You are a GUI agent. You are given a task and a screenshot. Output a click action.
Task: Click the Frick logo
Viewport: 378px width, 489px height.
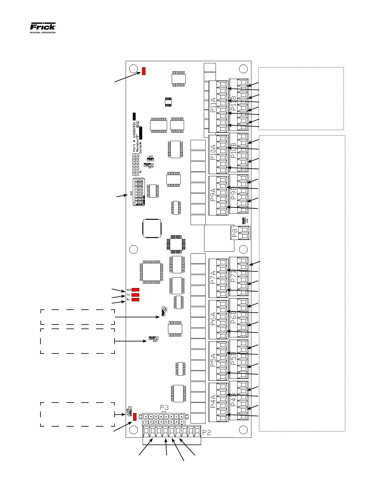click(43, 27)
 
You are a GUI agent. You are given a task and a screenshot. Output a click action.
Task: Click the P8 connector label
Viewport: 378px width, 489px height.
click(235, 233)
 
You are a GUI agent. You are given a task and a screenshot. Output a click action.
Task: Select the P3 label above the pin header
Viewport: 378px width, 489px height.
click(165, 408)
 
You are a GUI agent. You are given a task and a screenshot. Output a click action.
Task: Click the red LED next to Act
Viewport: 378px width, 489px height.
click(136, 290)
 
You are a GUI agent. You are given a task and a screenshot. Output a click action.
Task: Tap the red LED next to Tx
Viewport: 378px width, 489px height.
click(136, 295)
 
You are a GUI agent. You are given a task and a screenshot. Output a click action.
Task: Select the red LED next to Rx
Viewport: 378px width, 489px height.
click(136, 300)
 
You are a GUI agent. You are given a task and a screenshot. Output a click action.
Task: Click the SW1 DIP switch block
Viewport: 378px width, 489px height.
click(139, 192)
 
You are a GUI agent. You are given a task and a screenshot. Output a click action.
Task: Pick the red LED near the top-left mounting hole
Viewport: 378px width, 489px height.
click(144, 71)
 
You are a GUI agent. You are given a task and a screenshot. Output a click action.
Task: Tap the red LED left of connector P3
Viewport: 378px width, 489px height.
click(135, 417)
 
